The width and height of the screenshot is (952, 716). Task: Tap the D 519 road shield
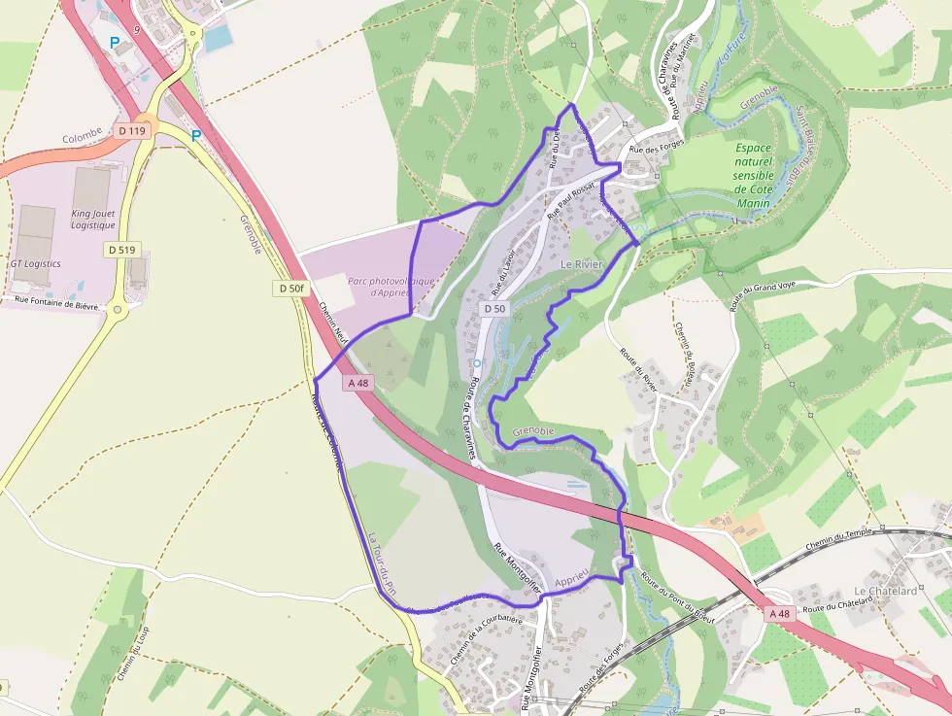[x=121, y=250]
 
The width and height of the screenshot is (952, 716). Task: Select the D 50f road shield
[x=289, y=289]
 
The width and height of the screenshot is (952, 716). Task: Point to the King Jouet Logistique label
[x=93, y=219]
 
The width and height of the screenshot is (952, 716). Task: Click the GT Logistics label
[x=35, y=263]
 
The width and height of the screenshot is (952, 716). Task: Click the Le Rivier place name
[x=582, y=264]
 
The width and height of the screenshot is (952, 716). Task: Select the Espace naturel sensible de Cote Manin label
[x=753, y=176]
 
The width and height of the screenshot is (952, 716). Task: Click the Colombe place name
[x=83, y=138]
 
